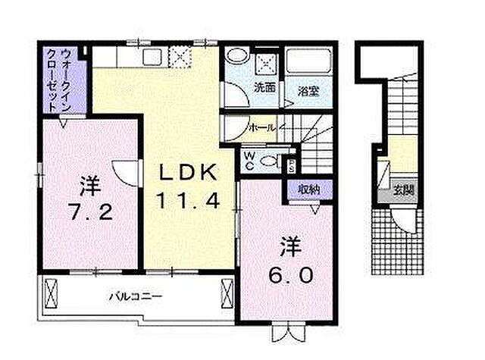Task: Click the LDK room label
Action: [189, 174]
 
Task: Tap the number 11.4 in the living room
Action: [189, 202]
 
